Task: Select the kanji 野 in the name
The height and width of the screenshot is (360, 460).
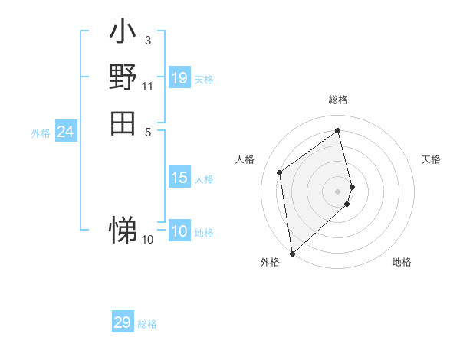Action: [x=123, y=77]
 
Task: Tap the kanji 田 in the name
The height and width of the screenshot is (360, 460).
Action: [x=123, y=123]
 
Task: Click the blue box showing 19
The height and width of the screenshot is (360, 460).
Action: [x=179, y=78]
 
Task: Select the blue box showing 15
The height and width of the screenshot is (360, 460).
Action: [x=179, y=178]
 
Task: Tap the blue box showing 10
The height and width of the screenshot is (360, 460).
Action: [x=179, y=231]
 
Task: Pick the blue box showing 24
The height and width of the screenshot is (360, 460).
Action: [x=66, y=132]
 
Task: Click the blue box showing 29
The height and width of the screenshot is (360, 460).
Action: [x=123, y=322]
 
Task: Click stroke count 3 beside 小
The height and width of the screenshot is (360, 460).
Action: [x=148, y=39]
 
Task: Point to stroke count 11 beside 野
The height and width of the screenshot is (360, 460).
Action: [x=148, y=86]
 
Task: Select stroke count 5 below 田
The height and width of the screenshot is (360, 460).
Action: [x=148, y=131]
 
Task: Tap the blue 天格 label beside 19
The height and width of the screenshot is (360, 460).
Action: [x=204, y=79]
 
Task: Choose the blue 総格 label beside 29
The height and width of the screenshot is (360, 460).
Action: [x=147, y=324]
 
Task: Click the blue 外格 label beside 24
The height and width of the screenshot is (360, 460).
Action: [x=41, y=133]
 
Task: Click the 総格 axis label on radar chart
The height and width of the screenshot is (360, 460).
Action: [x=338, y=100]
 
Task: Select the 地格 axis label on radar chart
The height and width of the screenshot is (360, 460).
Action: [x=402, y=262]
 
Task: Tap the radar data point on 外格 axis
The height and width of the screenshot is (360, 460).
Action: [x=292, y=253]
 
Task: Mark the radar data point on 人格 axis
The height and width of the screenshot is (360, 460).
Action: [x=280, y=172]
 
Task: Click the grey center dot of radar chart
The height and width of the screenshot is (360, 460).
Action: [x=338, y=191]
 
